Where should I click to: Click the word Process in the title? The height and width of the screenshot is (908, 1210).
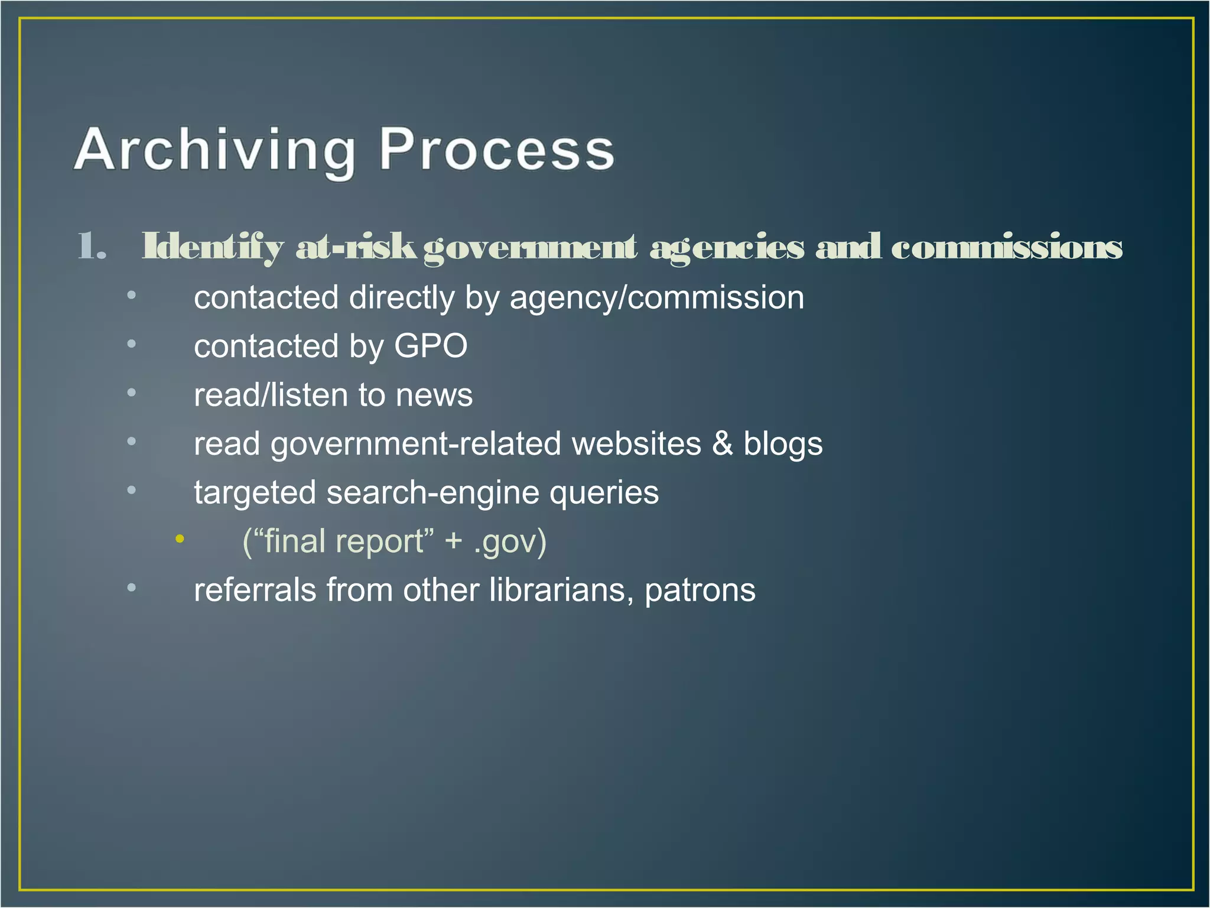click(496, 151)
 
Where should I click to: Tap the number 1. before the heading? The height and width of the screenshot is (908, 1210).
click(92, 247)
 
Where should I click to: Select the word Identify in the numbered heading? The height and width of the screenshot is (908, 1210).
click(213, 247)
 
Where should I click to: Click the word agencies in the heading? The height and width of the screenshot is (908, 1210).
click(727, 247)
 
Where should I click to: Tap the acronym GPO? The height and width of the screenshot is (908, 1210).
click(431, 346)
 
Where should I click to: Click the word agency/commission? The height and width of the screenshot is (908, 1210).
click(656, 297)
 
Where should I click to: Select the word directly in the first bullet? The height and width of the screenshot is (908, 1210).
click(402, 297)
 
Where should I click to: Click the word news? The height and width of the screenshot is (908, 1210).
click(434, 395)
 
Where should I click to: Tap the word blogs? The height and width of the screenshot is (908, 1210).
click(782, 443)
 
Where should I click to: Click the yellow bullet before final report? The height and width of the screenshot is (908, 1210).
click(180, 539)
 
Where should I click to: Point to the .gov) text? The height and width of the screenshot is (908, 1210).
click(510, 541)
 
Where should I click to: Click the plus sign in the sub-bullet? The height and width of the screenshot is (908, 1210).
click(454, 541)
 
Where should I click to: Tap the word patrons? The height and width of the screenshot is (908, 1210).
click(700, 590)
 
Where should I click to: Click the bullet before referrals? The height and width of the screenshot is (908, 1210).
click(131, 588)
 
